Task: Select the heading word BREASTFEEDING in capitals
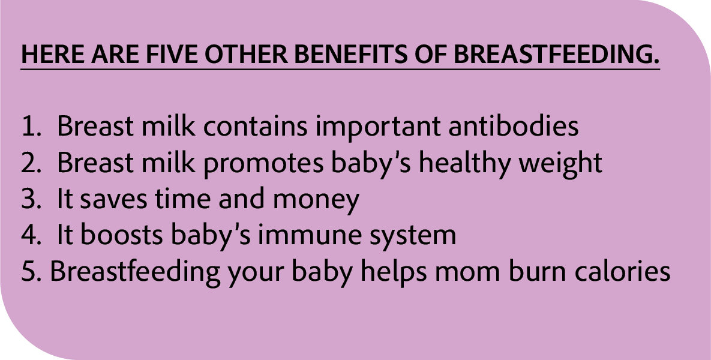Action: click(556, 55)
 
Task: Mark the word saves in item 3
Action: click(113, 199)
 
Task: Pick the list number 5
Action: click(31, 272)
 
